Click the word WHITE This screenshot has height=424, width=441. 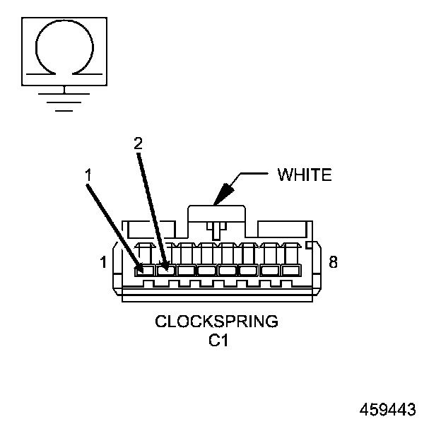pyautogui.click(x=305, y=175)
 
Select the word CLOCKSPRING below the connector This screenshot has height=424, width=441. pyautogui.click(x=216, y=322)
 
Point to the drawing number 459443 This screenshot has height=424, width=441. pyautogui.click(x=387, y=409)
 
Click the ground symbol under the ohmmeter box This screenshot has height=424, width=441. pyautogui.click(x=64, y=100)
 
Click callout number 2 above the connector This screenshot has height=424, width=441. pyautogui.click(x=139, y=143)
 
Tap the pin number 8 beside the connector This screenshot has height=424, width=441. pyautogui.click(x=333, y=263)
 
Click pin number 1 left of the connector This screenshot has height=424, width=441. pyautogui.click(x=103, y=263)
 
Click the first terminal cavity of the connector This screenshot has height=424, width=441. pyautogui.click(x=144, y=270)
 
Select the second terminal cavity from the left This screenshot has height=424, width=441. pyautogui.click(x=165, y=270)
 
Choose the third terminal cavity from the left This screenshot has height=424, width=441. pyautogui.click(x=187, y=270)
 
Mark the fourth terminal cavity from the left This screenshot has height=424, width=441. pyautogui.click(x=207, y=270)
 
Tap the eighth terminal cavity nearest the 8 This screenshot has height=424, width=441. pyautogui.click(x=290, y=270)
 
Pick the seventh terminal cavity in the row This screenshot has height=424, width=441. pyautogui.click(x=269, y=270)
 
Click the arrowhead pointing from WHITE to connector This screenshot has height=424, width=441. pyautogui.click(x=223, y=194)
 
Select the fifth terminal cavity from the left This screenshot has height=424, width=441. pyautogui.click(x=228, y=270)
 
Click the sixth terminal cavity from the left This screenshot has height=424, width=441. pyautogui.click(x=248, y=270)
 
